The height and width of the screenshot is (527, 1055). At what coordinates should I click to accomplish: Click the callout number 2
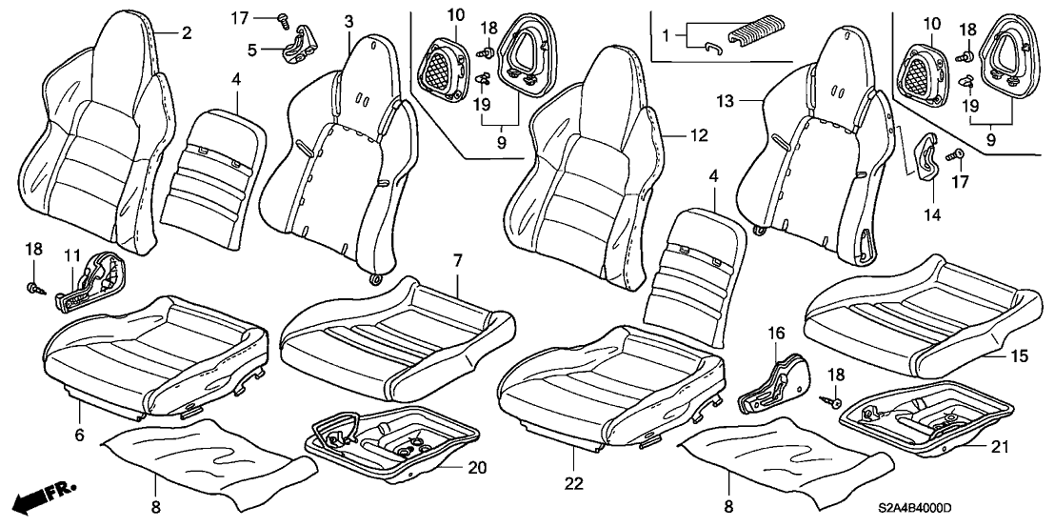click(x=188, y=33)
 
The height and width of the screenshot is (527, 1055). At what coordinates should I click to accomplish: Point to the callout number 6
click(x=79, y=435)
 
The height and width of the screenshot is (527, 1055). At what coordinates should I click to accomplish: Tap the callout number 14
click(x=930, y=214)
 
